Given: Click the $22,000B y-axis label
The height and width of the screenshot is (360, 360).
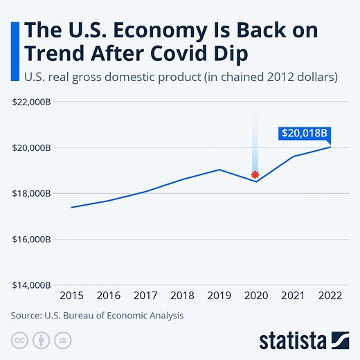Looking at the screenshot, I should [31, 102].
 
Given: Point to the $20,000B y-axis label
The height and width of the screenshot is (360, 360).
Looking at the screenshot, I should [31, 148].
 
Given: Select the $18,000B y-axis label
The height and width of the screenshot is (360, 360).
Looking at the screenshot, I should [31, 194].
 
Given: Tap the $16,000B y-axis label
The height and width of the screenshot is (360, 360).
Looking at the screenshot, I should [31, 240].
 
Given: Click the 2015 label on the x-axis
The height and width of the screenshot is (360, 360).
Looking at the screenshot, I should [71, 296].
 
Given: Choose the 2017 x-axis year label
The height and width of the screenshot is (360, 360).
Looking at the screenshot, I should [145, 296].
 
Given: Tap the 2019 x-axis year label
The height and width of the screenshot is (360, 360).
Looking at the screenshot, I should [219, 296].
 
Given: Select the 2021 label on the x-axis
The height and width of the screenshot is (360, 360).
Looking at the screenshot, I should [292, 296].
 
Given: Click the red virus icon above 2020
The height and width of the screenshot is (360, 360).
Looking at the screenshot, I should [255, 174].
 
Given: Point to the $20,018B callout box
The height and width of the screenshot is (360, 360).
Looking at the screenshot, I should [305, 132].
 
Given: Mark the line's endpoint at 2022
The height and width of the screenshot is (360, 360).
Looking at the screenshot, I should [330, 147].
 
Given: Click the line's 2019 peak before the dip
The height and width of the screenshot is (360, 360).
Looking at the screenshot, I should [219, 170].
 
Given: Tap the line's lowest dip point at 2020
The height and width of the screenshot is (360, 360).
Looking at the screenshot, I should [255, 181].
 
